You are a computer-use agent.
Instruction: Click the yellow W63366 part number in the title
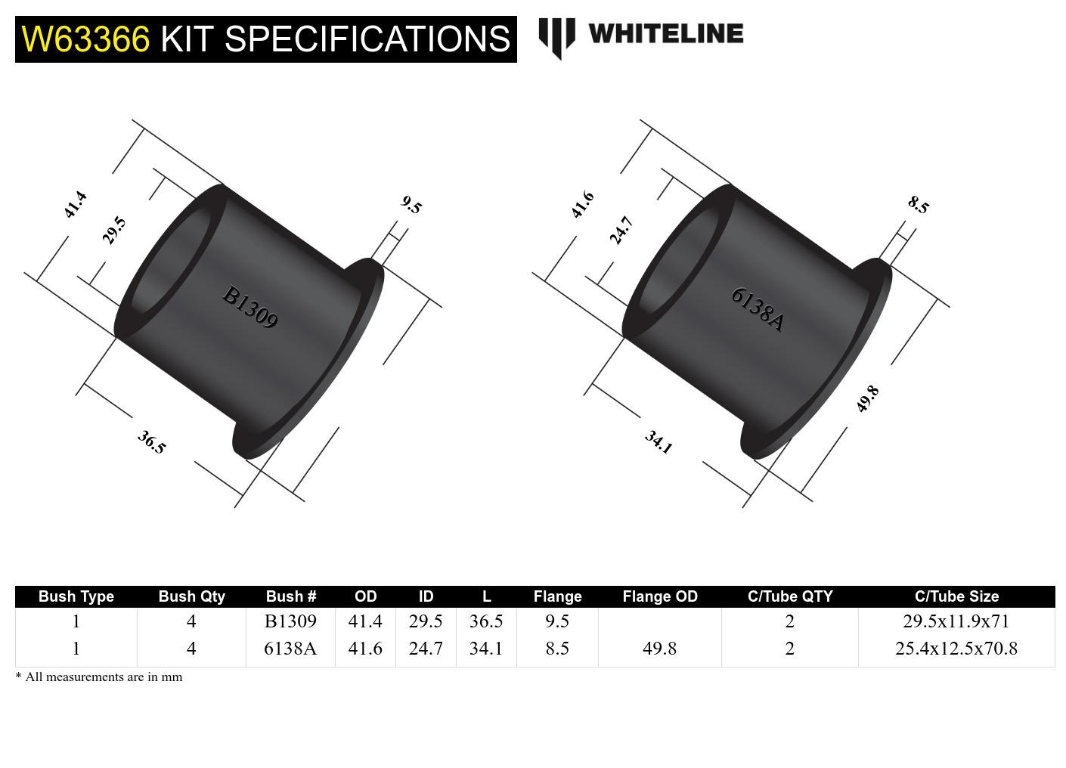click(85, 39)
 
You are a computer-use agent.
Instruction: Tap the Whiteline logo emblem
click(556, 37)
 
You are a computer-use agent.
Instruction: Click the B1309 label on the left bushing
click(250, 307)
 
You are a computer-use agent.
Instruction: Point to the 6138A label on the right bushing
click(758, 309)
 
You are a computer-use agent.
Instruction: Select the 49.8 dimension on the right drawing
click(867, 398)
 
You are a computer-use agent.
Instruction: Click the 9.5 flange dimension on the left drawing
click(411, 205)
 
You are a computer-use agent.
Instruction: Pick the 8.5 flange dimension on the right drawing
click(918, 205)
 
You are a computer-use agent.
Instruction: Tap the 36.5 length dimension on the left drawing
click(151, 442)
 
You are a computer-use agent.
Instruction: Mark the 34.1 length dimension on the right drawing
click(659, 442)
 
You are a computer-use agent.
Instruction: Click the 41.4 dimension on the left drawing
click(75, 205)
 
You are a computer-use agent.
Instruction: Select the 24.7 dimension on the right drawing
click(621, 231)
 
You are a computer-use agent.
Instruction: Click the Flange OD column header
click(659, 596)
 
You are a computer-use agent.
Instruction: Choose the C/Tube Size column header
click(956, 596)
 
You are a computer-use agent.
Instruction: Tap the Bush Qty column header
click(191, 596)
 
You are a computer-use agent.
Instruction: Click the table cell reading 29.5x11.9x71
click(956, 621)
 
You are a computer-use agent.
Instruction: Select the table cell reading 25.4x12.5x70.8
click(956, 649)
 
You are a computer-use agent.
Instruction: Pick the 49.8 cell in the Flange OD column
click(659, 649)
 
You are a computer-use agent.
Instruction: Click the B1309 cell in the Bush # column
click(290, 621)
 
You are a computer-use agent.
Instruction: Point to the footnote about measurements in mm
click(99, 677)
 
